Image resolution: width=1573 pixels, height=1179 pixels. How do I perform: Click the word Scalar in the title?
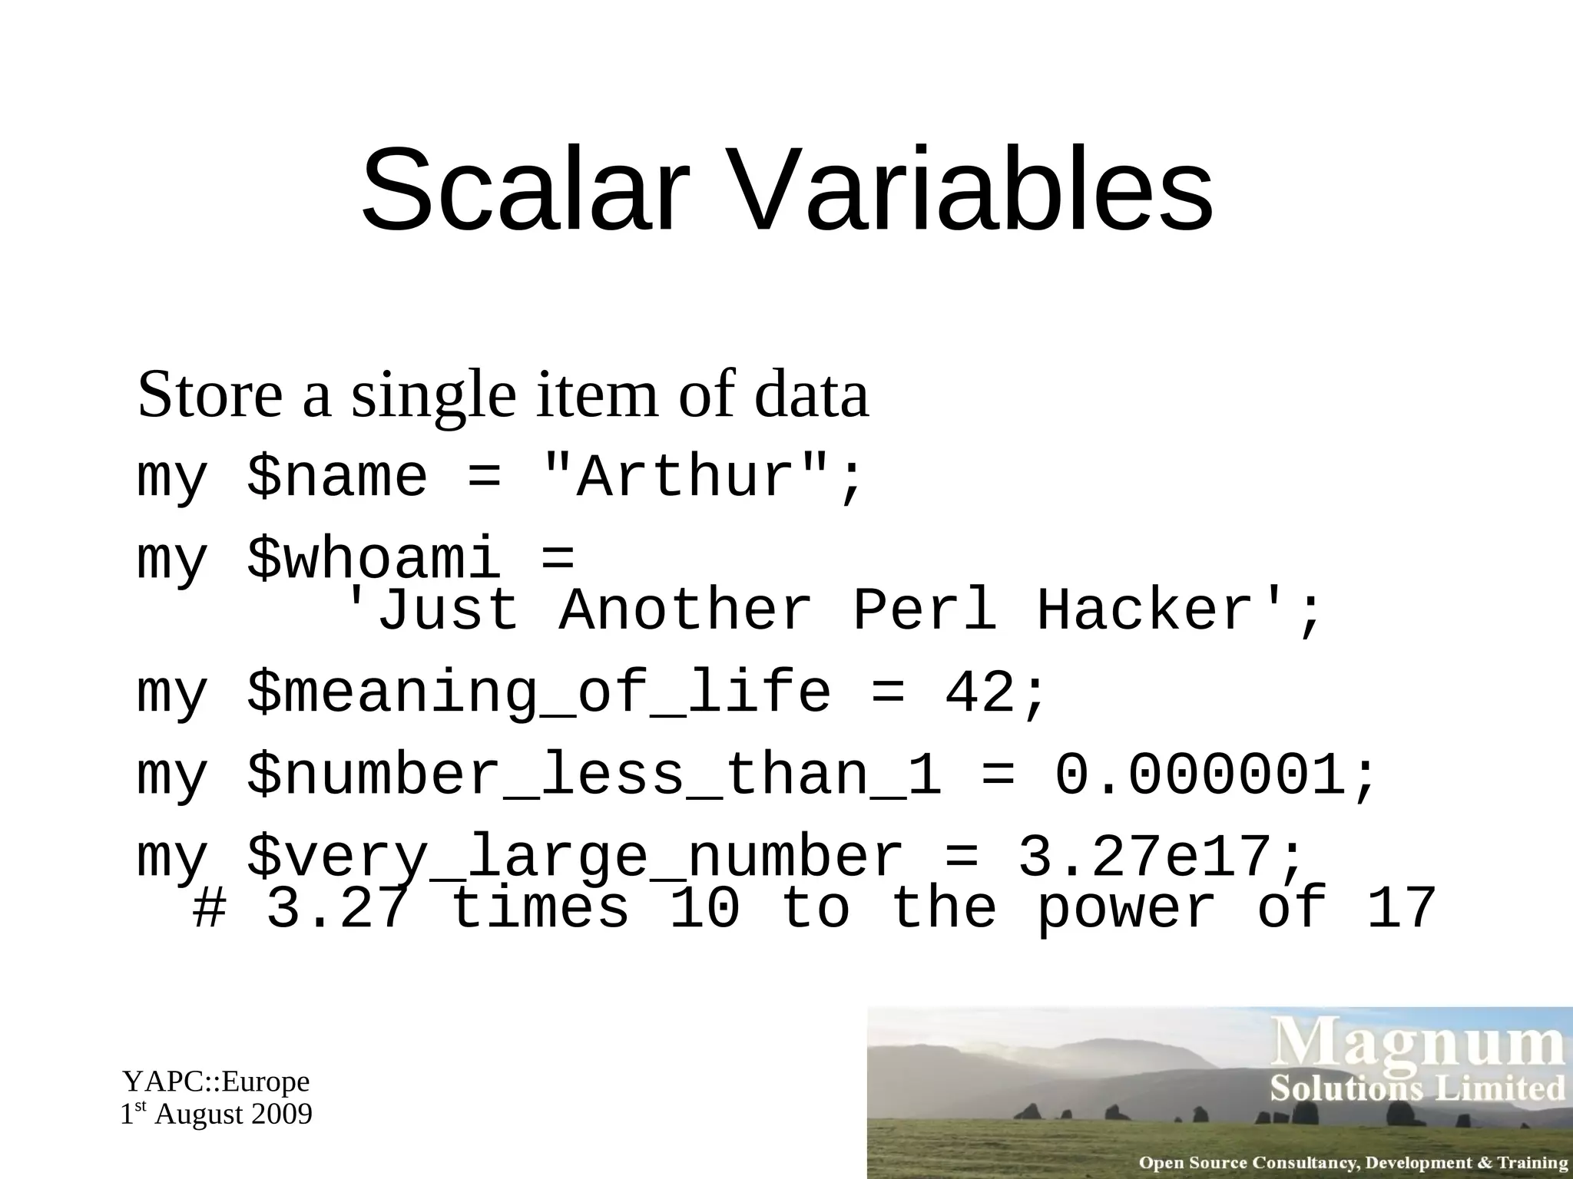[522, 189]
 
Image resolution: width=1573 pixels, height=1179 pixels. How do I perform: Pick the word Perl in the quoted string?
[925, 611]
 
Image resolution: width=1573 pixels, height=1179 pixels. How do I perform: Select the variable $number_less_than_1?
[594, 775]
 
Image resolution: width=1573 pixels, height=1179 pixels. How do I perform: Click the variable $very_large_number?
[576, 858]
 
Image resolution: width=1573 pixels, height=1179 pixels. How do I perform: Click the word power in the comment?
[1126, 910]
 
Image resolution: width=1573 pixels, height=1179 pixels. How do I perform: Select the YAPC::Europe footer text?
[216, 1082]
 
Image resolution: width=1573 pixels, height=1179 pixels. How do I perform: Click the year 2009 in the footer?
[283, 1115]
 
